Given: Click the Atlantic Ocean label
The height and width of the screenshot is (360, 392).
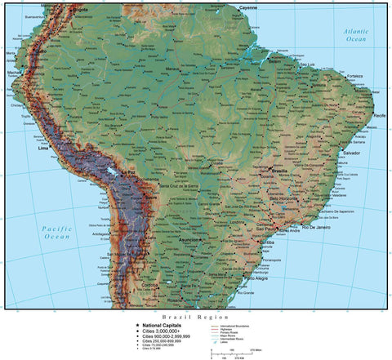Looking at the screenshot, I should click(x=355, y=35).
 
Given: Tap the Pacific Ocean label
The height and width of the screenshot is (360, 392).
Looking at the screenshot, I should click(x=58, y=232).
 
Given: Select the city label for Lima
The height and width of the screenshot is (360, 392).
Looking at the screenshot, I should click(x=43, y=149).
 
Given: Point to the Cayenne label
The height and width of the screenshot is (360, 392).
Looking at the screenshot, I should click(x=247, y=7).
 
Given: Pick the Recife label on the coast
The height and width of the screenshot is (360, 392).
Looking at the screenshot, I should click(x=379, y=116).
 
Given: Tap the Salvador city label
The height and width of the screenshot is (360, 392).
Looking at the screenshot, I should click(x=352, y=153).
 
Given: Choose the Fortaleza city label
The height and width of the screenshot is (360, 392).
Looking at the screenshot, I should click(x=354, y=76).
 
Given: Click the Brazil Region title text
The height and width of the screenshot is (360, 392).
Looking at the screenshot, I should click(x=196, y=316).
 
